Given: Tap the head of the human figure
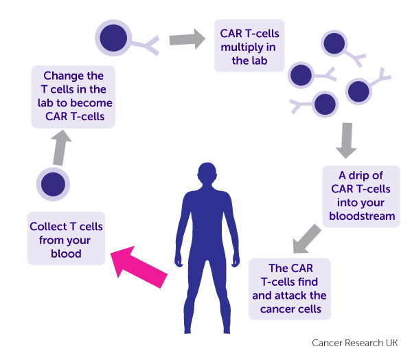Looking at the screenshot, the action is click(x=207, y=172).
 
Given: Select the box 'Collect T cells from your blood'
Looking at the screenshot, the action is click(x=66, y=238).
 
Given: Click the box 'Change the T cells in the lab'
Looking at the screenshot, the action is click(x=73, y=97).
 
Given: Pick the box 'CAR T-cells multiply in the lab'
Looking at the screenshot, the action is click(x=249, y=45).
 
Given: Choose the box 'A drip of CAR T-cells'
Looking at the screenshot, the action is click(x=361, y=196).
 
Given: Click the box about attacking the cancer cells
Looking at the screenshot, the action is click(x=290, y=289).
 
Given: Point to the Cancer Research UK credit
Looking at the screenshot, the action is click(x=355, y=343).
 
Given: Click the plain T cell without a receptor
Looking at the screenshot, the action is click(x=53, y=184).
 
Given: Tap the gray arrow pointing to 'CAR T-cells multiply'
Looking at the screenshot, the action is click(x=187, y=39).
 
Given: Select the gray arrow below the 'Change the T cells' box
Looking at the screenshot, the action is click(x=60, y=148).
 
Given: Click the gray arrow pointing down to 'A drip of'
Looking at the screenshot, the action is click(x=347, y=140).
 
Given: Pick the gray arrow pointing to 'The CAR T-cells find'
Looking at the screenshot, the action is click(x=306, y=239).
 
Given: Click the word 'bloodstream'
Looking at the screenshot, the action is click(x=362, y=216).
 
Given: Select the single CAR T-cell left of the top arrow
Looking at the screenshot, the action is click(x=113, y=38).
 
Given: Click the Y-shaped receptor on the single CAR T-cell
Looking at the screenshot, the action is click(x=146, y=45).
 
